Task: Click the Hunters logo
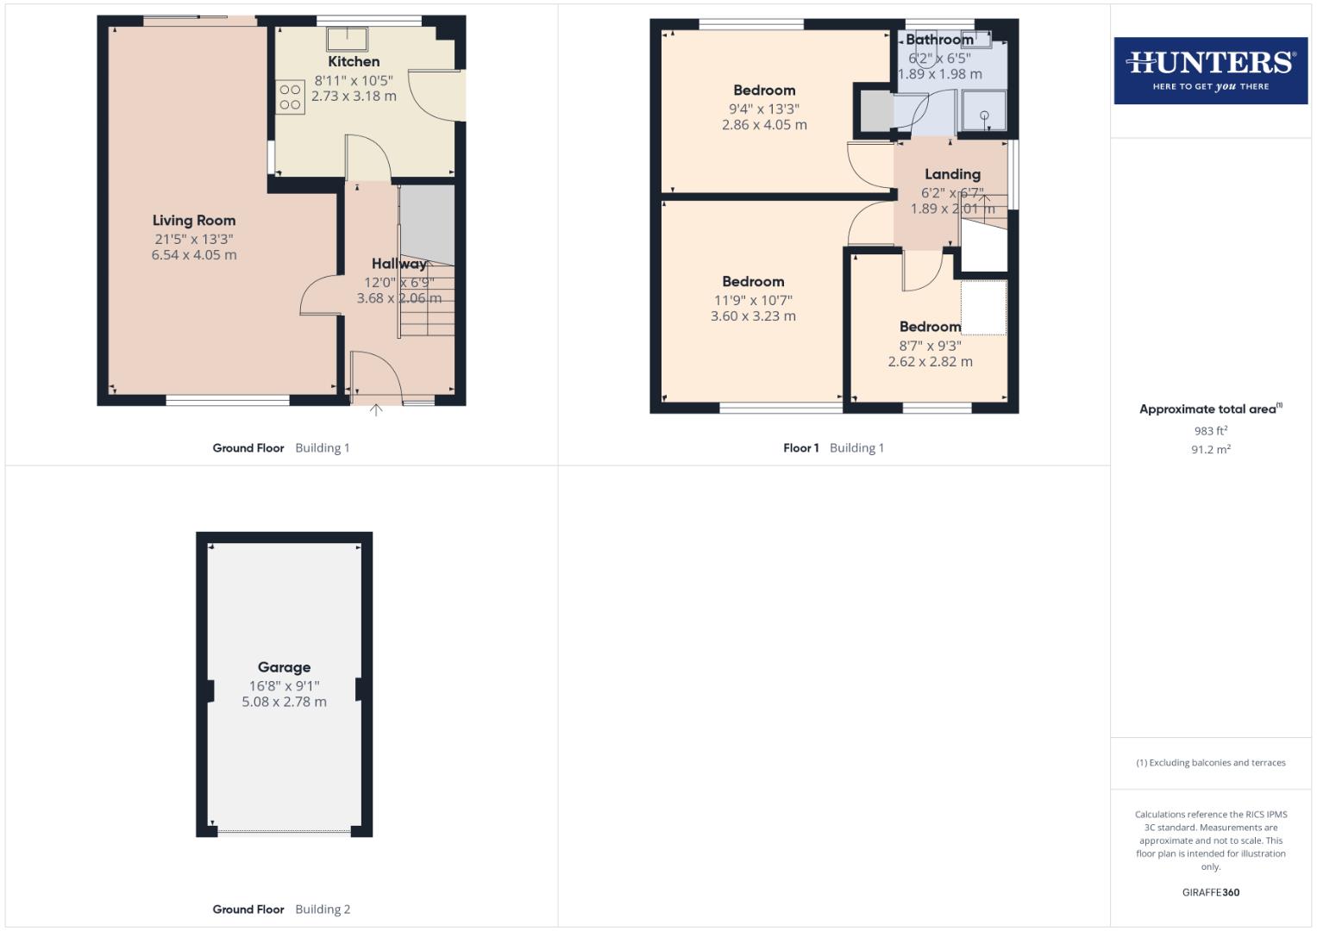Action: tap(1210, 70)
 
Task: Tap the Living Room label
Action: tap(194, 221)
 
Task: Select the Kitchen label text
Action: tap(354, 62)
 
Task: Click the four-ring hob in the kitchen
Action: tap(291, 97)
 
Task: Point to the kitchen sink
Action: tap(347, 39)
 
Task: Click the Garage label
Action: tap(284, 667)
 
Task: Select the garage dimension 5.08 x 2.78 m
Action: tap(284, 702)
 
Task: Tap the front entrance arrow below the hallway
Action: tap(376, 410)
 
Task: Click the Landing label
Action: tap(952, 174)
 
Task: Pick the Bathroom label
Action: tap(939, 40)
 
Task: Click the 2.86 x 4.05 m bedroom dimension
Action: tap(764, 125)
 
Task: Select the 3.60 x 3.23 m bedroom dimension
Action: tap(753, 316)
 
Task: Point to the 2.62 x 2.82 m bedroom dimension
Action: tap(930, 362)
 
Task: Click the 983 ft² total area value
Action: tap(1210, 431)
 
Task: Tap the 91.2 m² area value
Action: tap(1210, 449)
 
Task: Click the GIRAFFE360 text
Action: tap(1210, 892)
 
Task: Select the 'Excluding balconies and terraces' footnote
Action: tap(1210, 763)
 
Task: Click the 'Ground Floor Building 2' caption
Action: tap(281, 909)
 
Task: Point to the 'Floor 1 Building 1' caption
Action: tap(833, 448)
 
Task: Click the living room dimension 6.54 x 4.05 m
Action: tap(194, 255)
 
